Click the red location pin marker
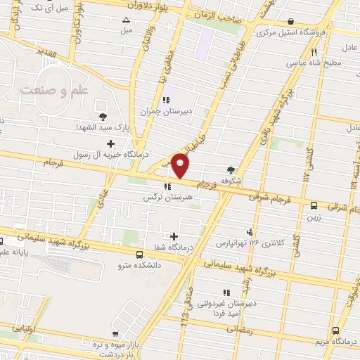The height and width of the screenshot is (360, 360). point(181,166)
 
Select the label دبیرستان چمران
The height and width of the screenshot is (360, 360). point(165,111)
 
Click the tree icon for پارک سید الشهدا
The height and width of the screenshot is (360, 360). point(103,117)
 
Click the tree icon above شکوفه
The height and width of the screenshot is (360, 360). point(231,169)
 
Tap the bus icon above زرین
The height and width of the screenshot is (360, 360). point(314,206)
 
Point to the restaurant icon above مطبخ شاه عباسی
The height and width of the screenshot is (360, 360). point(315,51)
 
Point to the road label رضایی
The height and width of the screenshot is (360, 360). point(239,328)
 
